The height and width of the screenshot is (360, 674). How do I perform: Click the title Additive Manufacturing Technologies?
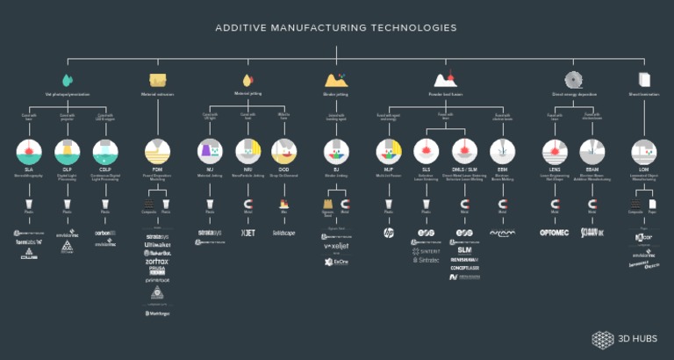pos(336,27)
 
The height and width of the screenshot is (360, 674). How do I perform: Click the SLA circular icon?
pos(29,150)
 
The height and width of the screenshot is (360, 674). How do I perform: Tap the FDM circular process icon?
pos(158,150)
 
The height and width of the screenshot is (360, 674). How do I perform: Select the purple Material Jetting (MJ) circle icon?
pos(210,150)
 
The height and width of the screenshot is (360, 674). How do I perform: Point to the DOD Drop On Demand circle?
pos(283,150)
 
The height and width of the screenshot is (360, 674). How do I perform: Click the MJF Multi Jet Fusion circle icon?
pos(388,150)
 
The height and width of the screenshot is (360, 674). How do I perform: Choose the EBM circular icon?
pos(502,150)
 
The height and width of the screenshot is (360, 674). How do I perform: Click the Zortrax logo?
pos(158,261)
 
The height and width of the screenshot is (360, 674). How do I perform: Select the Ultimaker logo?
pos(158,244)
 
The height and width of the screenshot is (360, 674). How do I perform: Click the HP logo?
pos(388,233)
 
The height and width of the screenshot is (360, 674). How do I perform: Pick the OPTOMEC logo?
pos(555,234)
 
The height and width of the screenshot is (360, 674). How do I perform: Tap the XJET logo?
pos(247,233)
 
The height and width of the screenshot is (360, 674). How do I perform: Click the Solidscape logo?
pos(283,233)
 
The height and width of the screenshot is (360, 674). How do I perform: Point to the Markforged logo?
pos(158,312)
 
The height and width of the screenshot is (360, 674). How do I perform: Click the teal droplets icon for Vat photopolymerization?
pos(68,78)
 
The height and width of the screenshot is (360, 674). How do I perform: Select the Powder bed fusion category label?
pos(445,93)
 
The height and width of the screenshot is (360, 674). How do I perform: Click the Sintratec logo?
pos(426,261)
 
